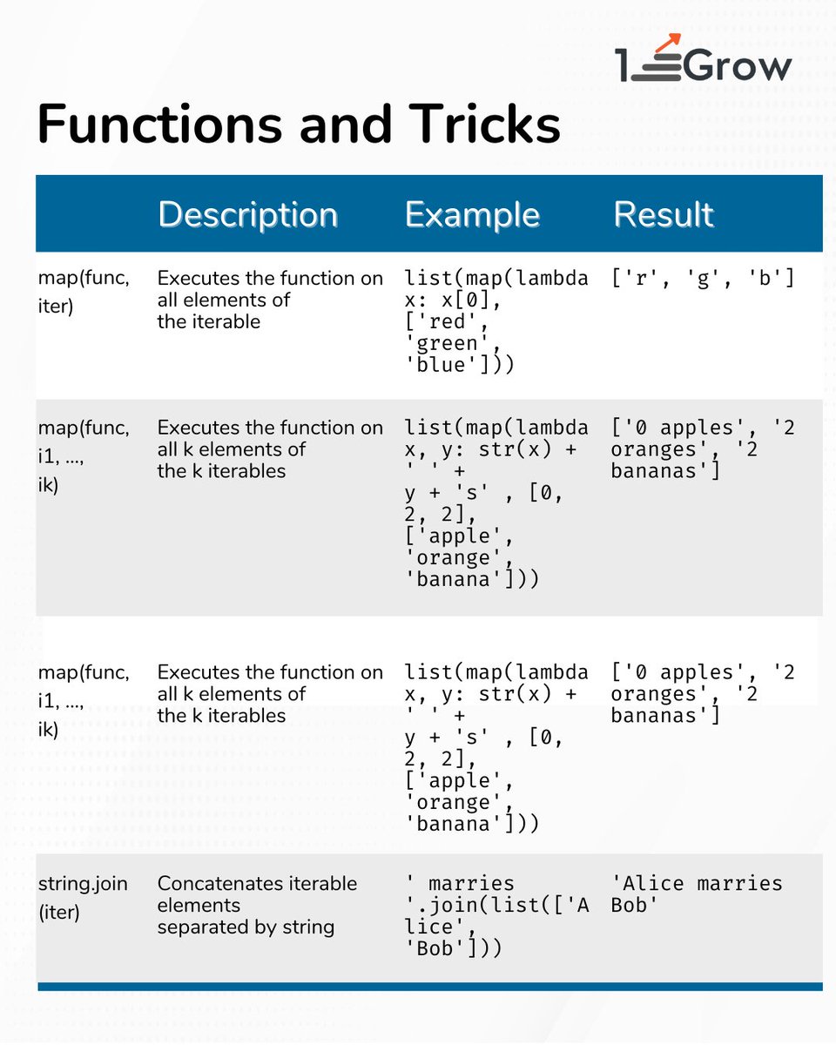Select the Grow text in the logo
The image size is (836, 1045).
738,67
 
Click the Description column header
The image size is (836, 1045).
247,215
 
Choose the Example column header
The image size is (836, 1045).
472,215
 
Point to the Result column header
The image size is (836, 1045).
664,215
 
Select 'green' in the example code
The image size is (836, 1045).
448,344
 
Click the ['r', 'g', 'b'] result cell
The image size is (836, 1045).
703,280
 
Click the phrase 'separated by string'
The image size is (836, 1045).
246,927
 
